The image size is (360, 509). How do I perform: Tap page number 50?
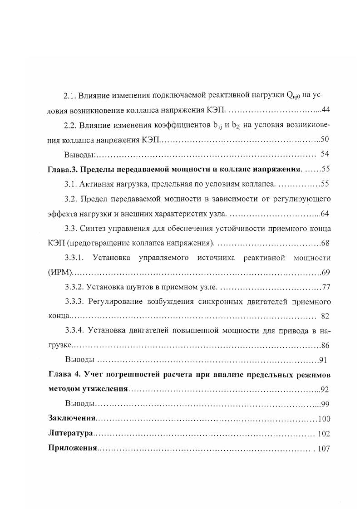[x=325, y=140]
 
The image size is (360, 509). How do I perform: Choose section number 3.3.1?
[x=75, y=258]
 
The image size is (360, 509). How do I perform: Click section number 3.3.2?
[x=75, y=287]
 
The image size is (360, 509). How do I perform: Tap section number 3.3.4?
[x=75, y=331]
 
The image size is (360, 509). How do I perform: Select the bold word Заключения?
[x=72, y=419]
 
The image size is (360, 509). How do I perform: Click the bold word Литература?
[x=70, y=434]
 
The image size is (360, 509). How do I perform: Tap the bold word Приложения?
[x=73, y=449]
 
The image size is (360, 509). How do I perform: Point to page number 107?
[x=324, y=449]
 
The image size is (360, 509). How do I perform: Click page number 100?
[x=324, y=419]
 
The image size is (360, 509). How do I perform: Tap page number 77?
[x=325, y=287]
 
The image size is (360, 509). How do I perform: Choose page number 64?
[x=325, y=214]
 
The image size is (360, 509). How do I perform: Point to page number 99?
[x=325, y=404]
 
